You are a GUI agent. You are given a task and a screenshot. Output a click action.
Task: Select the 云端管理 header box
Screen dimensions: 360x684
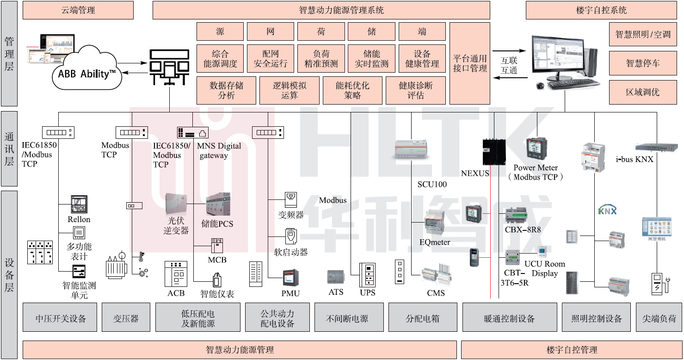click(78, 10)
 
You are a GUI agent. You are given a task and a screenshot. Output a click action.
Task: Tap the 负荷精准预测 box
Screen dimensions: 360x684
click(321, 59)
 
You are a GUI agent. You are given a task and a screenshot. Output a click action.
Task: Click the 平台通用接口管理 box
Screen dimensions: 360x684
click(469, 63)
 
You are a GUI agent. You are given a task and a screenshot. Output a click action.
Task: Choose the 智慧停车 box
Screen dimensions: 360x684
click(642, 63)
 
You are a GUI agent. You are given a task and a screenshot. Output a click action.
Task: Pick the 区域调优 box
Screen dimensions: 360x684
click(642, 92)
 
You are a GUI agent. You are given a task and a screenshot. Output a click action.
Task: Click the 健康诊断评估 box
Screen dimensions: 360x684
click(416, 90)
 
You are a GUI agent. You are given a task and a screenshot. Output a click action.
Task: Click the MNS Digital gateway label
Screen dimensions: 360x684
click(220, 151)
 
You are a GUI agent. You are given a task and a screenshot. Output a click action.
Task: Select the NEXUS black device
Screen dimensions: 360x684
click(493, 151)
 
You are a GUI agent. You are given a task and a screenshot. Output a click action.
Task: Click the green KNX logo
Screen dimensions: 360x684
click(608, 210)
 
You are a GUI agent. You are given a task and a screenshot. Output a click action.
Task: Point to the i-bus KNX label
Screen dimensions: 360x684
click(635, 160)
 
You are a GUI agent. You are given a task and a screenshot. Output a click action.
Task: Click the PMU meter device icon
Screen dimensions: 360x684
click(291, 278)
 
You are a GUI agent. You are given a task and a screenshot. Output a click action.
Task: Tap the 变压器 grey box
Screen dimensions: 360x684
click(126, 318)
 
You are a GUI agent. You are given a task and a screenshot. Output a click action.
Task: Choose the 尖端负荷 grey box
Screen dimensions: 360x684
click(659, 318)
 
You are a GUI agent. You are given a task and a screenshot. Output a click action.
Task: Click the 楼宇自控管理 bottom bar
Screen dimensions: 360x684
click(572, 350)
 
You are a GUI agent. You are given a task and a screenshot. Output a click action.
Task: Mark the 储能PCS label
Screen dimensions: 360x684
click(217, 224)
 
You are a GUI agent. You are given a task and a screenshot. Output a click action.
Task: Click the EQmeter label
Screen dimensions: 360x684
click(435, 242)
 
